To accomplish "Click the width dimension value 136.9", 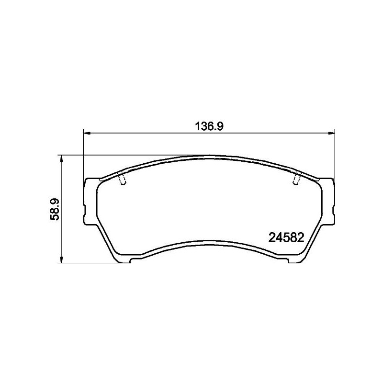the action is click(x=210, y=126).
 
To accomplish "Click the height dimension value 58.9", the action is click(x=55, y=210).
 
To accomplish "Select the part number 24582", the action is click(x=286, y=237).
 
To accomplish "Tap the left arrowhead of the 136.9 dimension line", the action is click(x=87, y=133).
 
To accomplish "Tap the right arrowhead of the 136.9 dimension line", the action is click(x=331, y=133).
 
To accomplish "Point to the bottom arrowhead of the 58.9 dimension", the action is click(x=62, y=259).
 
